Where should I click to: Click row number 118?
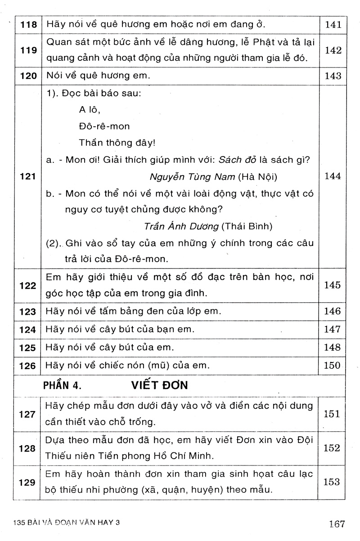point(28,25)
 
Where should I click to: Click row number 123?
point(28,311)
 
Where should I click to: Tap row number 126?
point(28,366)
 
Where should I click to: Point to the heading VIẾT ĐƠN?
point(160,385)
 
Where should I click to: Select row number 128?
point(28,449)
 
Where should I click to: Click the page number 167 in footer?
point(337,523)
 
